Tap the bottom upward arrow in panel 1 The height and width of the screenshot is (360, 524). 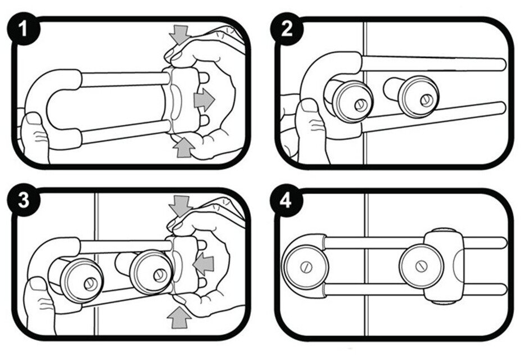point(183,147)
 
